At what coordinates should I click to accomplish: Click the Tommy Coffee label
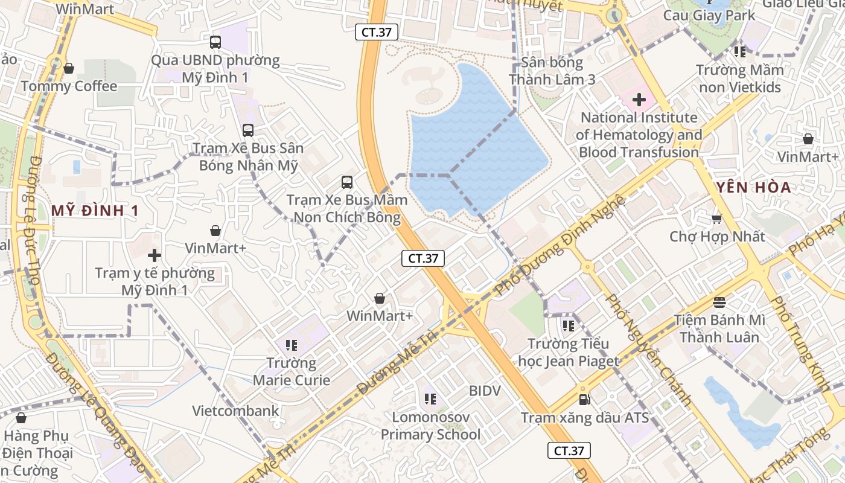pos(69,86)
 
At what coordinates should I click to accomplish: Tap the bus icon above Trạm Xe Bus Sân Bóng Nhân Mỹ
pos(247,130)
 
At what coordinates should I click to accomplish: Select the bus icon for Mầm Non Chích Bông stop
pos(346,182)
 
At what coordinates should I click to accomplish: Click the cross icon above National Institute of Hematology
pos(639,100)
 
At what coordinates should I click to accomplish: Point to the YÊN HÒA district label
pos(753,188)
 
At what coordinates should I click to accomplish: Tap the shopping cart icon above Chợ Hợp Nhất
pos(717,219)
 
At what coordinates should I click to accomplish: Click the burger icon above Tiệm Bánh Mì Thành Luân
pos(719,301)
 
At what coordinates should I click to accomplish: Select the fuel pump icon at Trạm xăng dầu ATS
pos(584,399)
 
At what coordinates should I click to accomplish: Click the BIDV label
pos(485,391)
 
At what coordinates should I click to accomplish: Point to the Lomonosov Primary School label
pos(430,426)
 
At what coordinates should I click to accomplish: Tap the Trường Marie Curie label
pos(292,371)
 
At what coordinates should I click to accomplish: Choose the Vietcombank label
pos(235,411)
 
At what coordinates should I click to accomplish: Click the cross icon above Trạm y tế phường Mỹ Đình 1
pos(155,255)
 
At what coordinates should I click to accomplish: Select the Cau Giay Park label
pos(709,15)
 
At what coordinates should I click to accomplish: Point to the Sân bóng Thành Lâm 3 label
pos(552,71)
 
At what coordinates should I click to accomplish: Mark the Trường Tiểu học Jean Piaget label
pos(568,353)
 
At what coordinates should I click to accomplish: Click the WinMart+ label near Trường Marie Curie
pos(380,316)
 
